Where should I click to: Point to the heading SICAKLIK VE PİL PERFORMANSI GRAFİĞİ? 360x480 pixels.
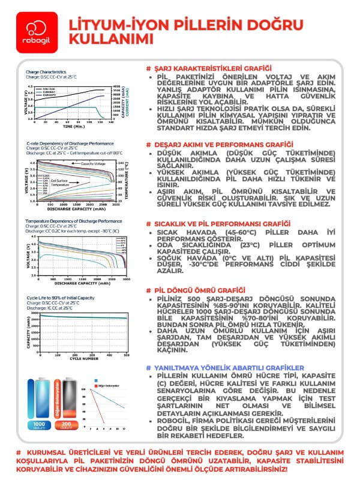pos(222,223)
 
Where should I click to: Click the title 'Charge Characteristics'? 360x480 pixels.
pos(46,73)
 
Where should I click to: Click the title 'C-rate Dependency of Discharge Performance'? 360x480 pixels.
pos(70,144)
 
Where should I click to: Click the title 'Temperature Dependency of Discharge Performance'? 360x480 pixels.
pos(74,221)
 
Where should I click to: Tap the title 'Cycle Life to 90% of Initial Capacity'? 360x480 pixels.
pos(60,298)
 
